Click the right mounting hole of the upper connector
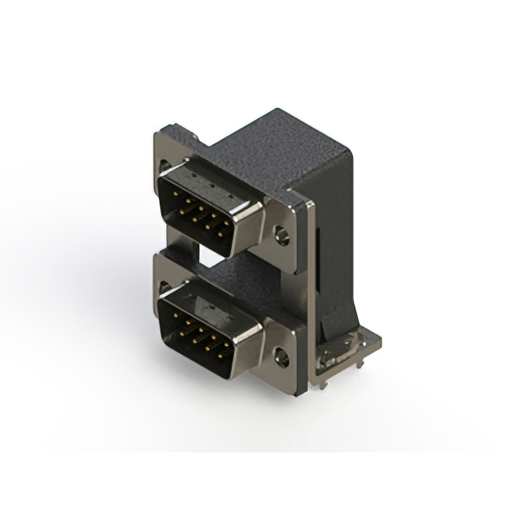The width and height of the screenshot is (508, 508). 281,235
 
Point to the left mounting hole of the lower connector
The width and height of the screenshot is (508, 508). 164,287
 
